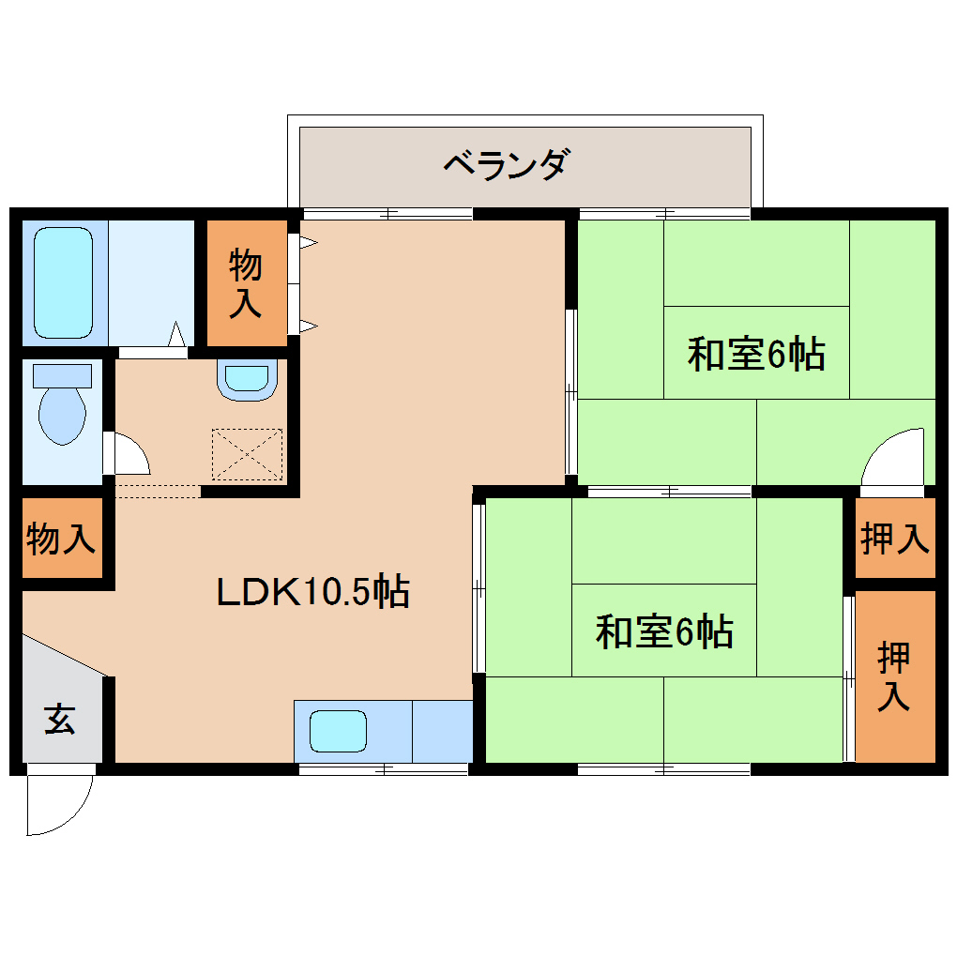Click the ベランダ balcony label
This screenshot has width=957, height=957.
pyautogui.click(x=505, y=166)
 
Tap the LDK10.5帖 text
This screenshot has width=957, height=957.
pyautogui.click(x=312, y=592)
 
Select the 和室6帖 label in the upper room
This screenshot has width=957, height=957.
pyautogui.click(x=756, y=355)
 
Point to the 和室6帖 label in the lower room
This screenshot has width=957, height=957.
pyautogui.click(x=664, y=631)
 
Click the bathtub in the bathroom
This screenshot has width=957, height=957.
pyautogui.click(x=64, y=281)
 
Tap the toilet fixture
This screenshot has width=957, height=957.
pyautogui.click(x=63, y=413)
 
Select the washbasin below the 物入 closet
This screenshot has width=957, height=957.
pyautogui.click(x=246, y=379)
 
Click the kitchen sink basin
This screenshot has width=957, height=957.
pyautogui.click(x=338, y=731)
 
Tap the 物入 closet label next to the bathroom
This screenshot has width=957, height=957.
pyautogui.click(x=246, y=284)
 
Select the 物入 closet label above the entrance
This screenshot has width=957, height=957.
pyautogui.click(x=61, y=539)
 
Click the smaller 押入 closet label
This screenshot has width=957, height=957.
pyautogui.click(x=894, y=538)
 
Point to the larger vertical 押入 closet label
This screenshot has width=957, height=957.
pyautogui.click(x=894, y=676)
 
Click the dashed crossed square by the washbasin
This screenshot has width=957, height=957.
pyautogui.click(x=247, y=454)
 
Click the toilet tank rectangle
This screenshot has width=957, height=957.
pyautogui.click(x=62, y=375)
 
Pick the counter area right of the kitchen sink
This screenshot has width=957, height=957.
pyautogui.click(x=442, y=731)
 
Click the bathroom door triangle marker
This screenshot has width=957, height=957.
pyautogui.click(x=176, y=334)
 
